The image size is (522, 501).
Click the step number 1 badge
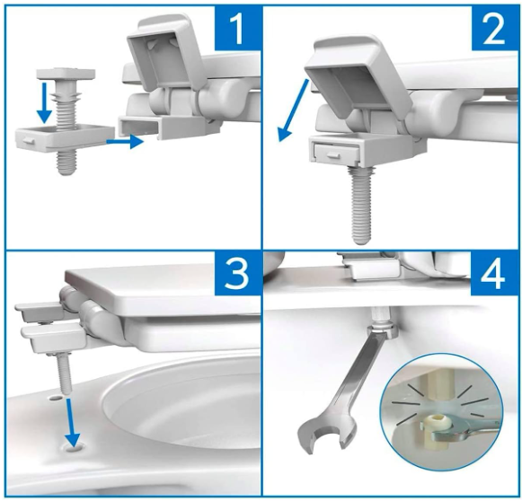pyautogui.click(x=238, y=29)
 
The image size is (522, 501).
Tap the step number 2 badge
pyautogui.click(x=494, y=29)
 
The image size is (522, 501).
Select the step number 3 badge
pyautogui.click(x=236, y=274)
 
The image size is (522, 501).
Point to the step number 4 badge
pyautogui.click(x=493, y=274)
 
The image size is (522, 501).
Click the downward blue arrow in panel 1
pyautogui.click(x=45, y=103)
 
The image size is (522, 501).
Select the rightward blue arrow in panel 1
pyautogui.click(x=125, y=141)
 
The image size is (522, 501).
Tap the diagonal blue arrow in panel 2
pyautogui.click(x=294, y=110)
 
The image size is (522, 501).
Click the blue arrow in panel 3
pyautogui.click(x=71, y=423)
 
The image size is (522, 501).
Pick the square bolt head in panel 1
pyautogui.click(x=66, y=75)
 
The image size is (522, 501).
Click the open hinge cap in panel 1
pyautogui.click(x=163, y=53)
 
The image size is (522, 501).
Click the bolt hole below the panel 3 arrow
pyautogui.click(x=75, y=448)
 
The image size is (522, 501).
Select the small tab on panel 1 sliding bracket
pyautogui.click(x=27, y=141)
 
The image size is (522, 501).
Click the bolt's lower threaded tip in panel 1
pyautogui.click(x=66, y=163)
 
